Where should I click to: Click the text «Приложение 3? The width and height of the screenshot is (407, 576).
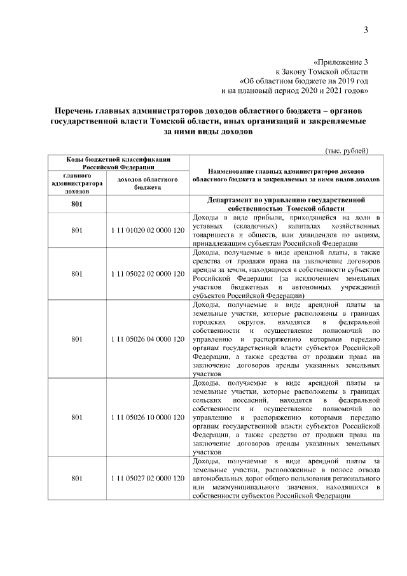tap(341, 62)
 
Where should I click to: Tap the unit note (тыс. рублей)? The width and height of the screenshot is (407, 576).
tap(347, 150)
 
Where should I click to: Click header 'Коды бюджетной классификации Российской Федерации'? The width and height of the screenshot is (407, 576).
tap(118, 162)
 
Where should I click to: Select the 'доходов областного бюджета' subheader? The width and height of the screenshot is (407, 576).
tap(147, 183)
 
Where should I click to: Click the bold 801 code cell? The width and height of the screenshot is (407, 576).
tap(77, 204)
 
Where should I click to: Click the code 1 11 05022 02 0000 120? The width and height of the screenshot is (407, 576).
tap(147, 274)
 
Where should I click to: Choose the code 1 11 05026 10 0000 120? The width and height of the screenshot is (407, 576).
tap(147, 418)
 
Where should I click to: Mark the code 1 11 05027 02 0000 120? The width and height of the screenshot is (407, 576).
tap(147, 477)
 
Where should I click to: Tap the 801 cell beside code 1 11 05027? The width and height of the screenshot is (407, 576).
tap(77, 477)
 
